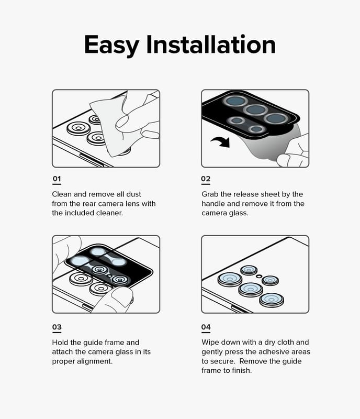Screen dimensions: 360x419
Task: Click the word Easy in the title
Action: point(111,45)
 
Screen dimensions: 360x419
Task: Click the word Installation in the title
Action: point(211,45)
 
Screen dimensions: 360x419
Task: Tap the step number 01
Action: point(57,179)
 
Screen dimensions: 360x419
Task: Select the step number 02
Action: point(206,179)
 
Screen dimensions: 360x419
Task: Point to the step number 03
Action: point(57,327)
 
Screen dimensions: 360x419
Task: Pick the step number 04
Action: point(206,327)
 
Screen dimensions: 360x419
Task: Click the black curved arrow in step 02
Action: point(221,141)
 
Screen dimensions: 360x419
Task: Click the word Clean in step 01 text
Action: point(62,194)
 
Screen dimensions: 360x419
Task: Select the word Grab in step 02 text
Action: point(210,194)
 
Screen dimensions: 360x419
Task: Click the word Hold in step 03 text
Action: point(60,343)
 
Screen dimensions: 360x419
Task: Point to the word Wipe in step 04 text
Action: point(210,343)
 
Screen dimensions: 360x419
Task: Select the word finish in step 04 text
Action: point(242,371)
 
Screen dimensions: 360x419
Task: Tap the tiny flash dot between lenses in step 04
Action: point(258,276)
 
